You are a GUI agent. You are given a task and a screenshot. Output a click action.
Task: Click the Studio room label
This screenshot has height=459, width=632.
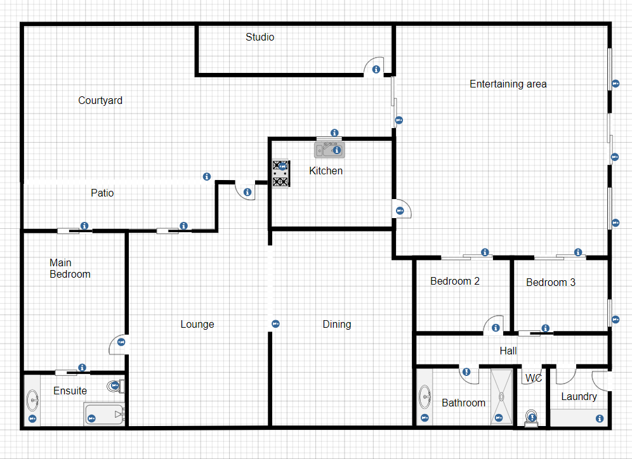tap(260, 37)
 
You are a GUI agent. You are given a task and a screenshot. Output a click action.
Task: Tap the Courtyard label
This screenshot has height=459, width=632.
tap(100, 101)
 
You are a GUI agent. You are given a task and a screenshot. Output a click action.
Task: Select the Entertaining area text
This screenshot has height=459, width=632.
tap(508, 84)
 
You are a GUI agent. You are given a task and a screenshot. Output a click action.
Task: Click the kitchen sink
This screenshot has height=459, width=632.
tap(329, 150)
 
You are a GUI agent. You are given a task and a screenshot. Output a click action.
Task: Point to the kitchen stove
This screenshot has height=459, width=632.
tap(281, 174)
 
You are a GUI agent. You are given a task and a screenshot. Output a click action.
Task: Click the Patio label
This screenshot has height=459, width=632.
tap(102, 193)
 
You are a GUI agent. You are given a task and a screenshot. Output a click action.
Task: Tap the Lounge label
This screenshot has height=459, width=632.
tap(197, 325)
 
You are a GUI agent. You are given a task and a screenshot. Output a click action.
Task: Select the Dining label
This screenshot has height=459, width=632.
tap(336, 325)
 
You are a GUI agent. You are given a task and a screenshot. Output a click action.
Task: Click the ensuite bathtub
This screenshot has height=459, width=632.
tap(103, 415)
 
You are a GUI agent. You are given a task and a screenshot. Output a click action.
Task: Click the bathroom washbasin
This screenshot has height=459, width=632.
tap(425, 398)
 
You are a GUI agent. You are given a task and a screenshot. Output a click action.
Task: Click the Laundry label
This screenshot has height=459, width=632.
tap(579, 397)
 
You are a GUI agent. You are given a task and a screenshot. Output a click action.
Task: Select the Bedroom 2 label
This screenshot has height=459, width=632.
tap(454, 281)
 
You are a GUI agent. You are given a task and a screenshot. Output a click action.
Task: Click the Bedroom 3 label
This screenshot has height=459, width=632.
tap(550, 283)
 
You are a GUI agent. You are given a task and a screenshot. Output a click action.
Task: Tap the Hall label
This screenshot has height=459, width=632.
tap(508, 351)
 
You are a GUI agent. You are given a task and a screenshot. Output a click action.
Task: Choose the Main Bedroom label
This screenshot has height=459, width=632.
tap(70, 269)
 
